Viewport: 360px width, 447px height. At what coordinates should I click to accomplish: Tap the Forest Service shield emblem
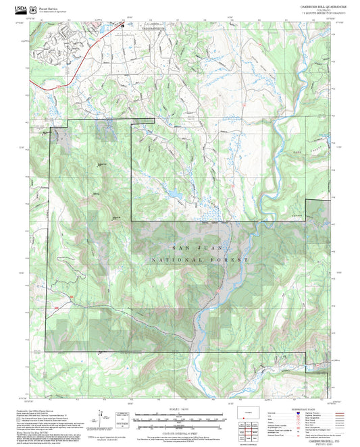click(33, 9)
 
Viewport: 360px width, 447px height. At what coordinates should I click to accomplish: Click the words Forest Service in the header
click(48, 7)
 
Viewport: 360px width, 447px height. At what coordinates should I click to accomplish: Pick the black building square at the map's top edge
click(123, 25)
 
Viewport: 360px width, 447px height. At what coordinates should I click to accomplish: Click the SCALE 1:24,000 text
click(179, 411)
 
